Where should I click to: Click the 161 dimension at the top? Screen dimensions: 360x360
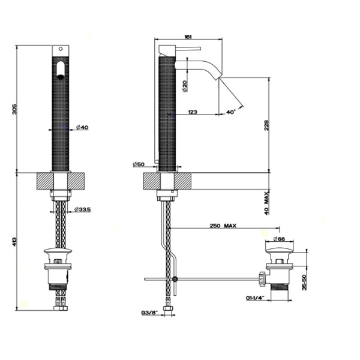pyautogui.click(x=188, y=38)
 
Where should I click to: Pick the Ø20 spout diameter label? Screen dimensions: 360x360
pyautogui.click(x=185, y=86)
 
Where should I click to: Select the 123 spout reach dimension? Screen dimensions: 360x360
pyautogui.click(x=193, y=112)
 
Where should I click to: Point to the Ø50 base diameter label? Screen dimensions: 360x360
pyautogui.click(x=140, y=164)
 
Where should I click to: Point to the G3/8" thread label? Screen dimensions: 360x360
pyautogui.click(x=149, y=313)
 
